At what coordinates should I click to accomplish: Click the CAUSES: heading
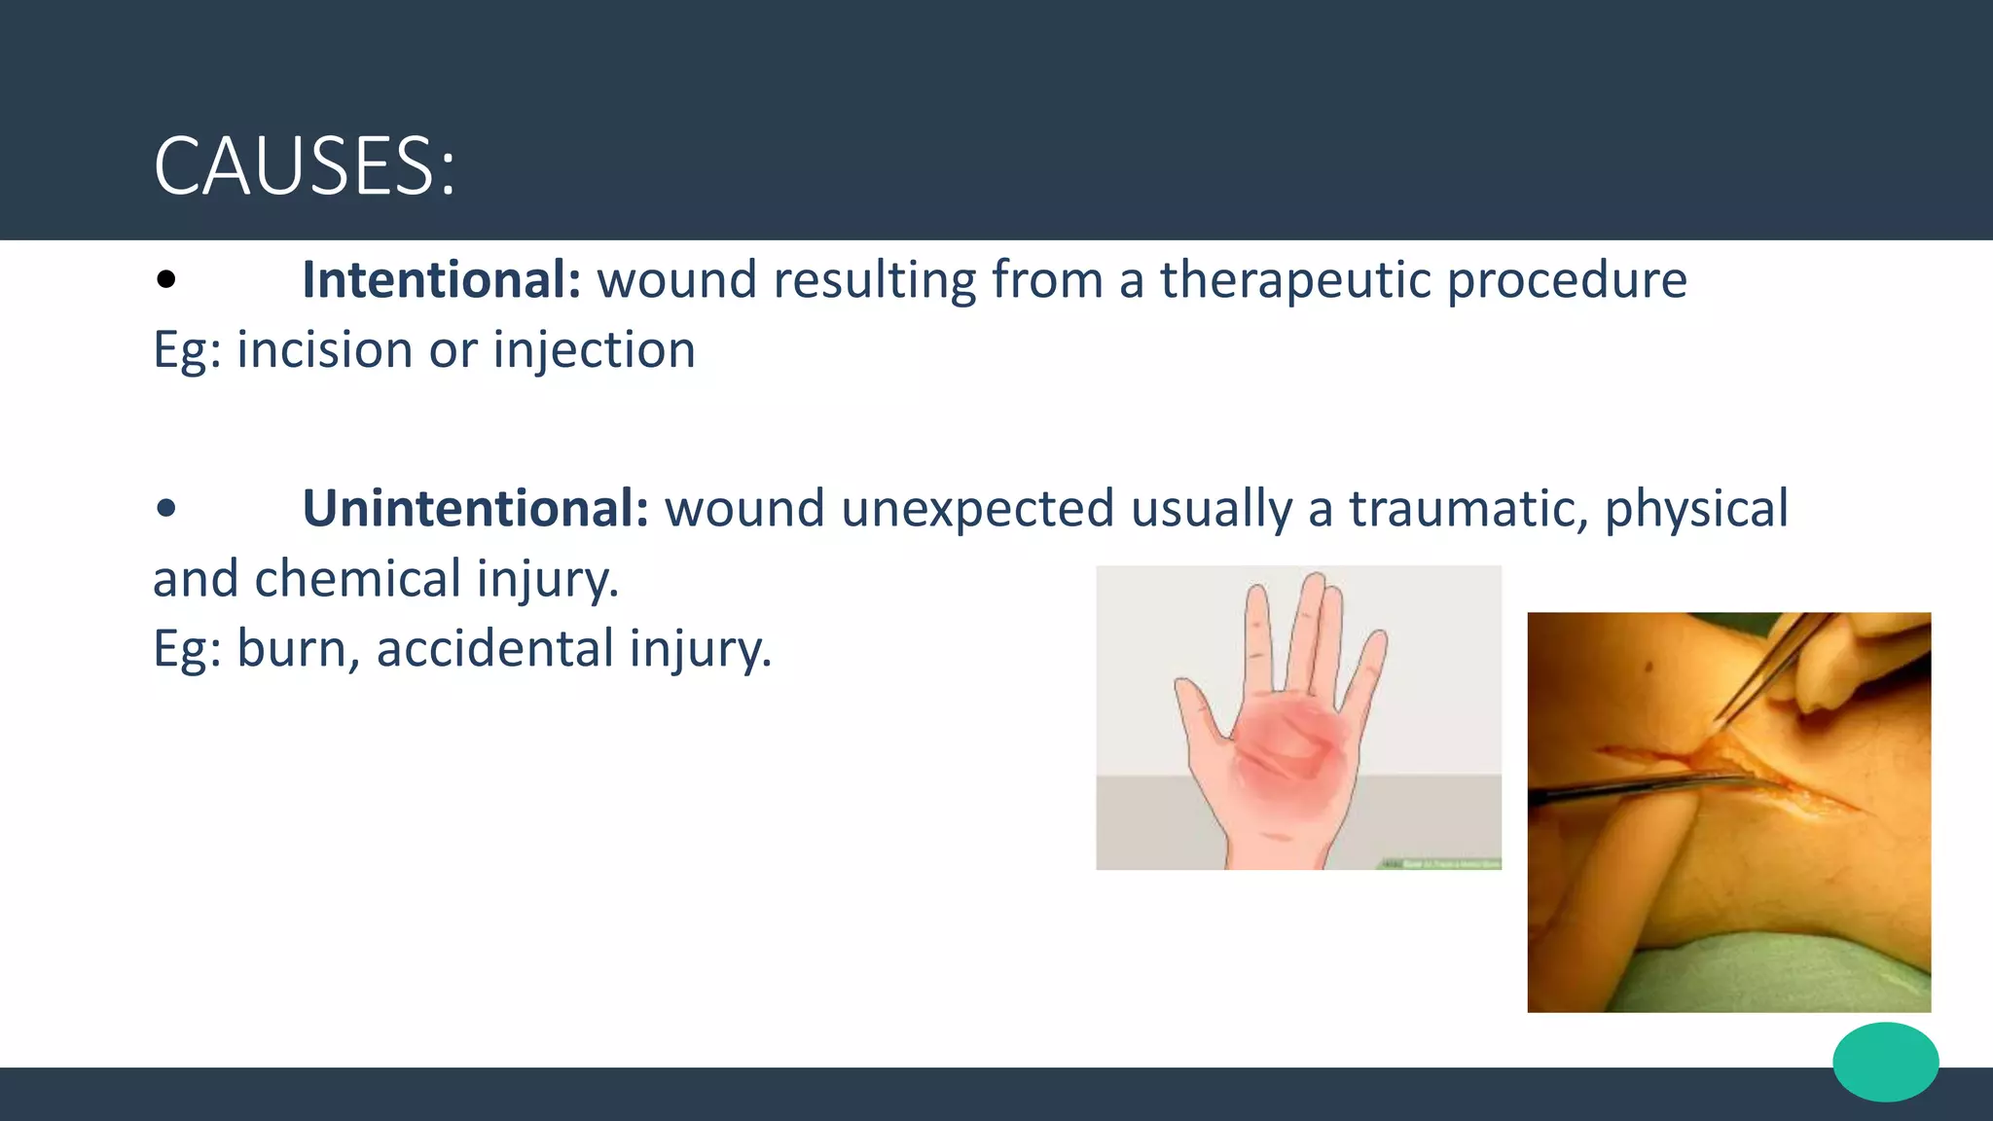304,166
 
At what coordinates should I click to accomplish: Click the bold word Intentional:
441,280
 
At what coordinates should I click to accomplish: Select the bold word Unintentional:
475,509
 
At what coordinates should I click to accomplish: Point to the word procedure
1567,280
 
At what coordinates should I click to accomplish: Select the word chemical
357,579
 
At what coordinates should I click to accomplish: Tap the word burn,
298,649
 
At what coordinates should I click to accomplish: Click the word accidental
494,649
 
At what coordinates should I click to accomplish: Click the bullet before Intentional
166,280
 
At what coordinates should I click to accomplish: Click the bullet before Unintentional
166,508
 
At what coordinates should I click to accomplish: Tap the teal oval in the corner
1885,1062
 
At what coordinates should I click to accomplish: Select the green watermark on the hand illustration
1440,863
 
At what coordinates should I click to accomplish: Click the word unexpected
977,509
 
